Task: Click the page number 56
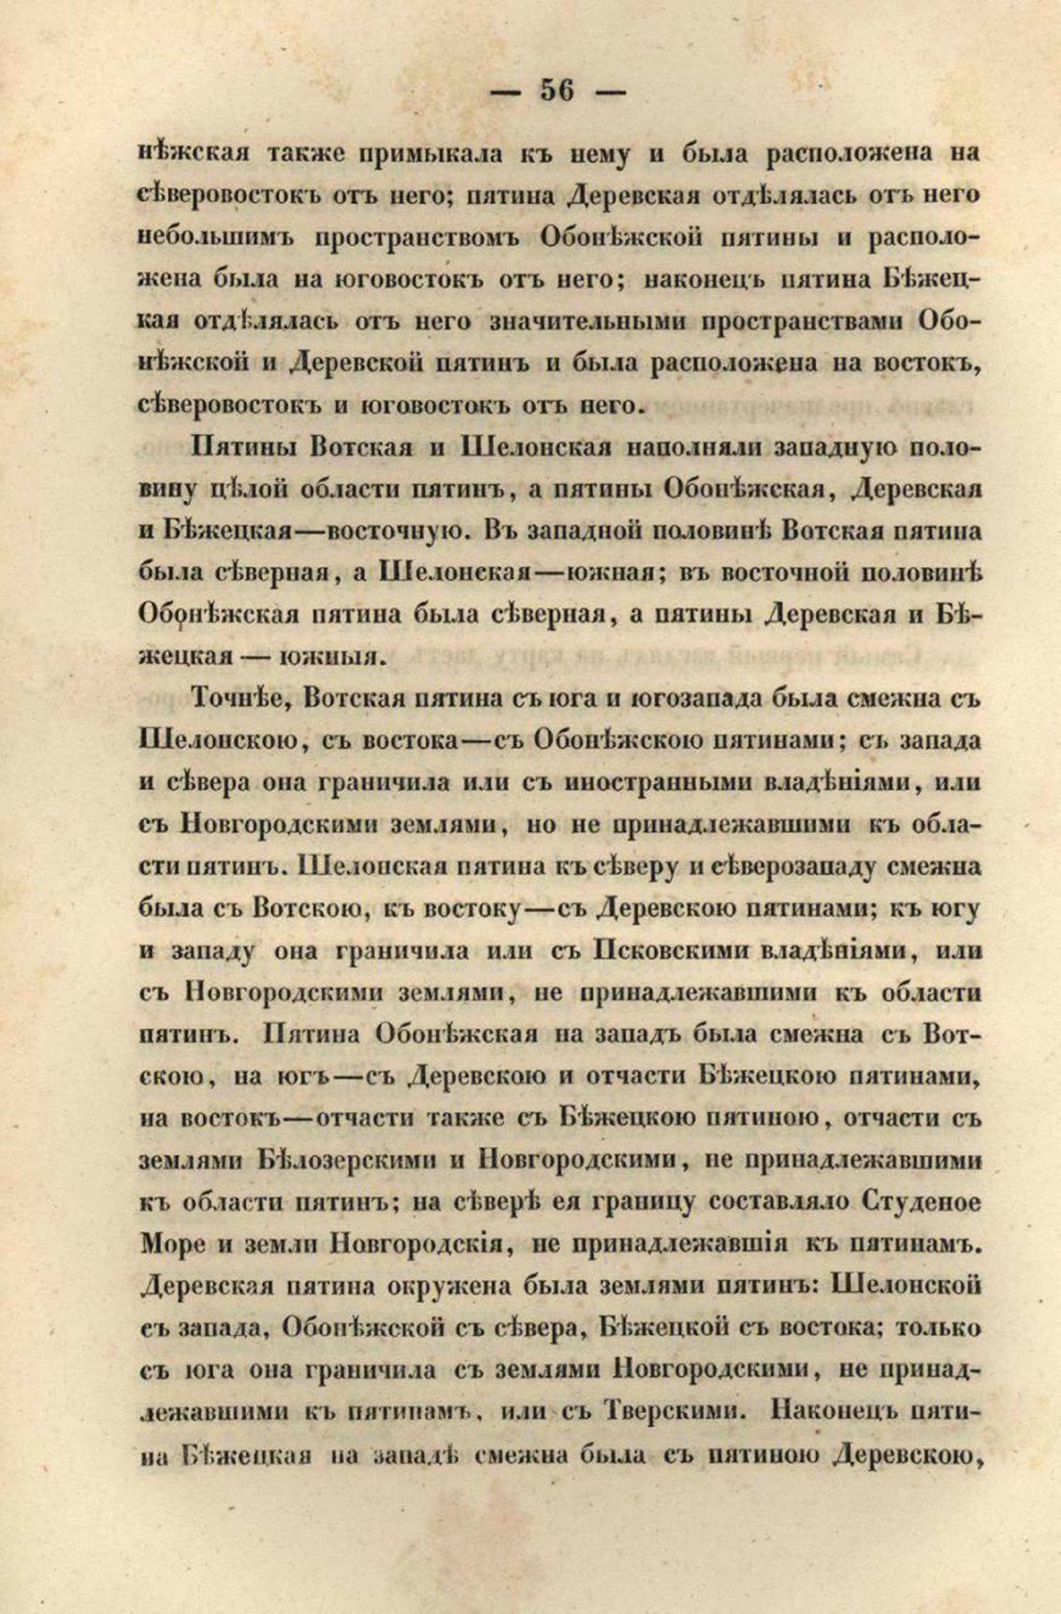click(x=557, y=91)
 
